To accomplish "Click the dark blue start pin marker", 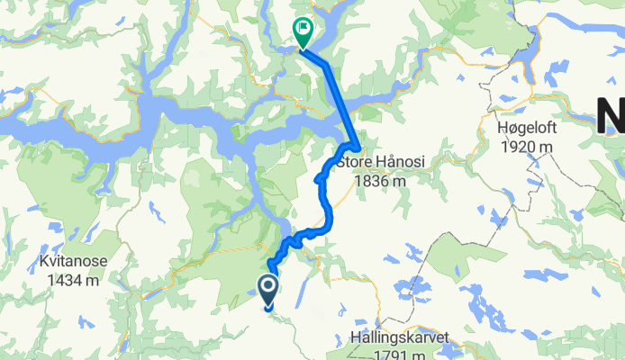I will tap(268, 290).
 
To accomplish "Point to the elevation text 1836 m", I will tap(379, 181).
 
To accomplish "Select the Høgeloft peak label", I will tap(527, 127).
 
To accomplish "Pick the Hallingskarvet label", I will tap(398, 340).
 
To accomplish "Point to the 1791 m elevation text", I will tap(398, 355).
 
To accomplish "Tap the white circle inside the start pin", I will tap(268, 286).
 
